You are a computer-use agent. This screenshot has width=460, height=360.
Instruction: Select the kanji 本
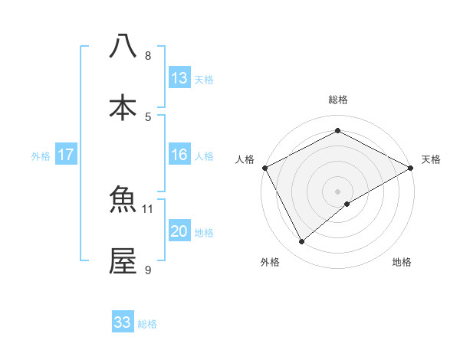click(123, 108)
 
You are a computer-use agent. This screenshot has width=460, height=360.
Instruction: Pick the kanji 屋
click(123, 261)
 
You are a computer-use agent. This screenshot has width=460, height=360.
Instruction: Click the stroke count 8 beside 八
click(148, 55)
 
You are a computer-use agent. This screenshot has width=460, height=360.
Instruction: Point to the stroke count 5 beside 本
click(148, 116)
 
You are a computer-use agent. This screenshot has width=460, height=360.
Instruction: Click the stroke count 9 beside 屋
click(148, 270)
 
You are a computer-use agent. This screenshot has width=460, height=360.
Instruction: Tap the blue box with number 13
click(179, 78)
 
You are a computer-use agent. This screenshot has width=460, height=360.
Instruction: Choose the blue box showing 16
click(179, 155)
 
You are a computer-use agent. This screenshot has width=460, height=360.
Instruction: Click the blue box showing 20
click(179, 231)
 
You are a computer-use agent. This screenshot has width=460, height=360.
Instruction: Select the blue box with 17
click(66, 155)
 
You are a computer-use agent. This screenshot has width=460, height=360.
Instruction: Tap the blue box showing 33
click(123, 322)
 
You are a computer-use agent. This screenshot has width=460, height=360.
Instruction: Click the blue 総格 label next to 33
click(147, 324)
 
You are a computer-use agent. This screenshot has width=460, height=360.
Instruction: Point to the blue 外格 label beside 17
click(41, 155)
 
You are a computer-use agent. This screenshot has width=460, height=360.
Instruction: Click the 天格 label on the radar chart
click(431, 159)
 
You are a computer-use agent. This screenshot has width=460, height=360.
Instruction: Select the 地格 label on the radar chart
click(402, 262)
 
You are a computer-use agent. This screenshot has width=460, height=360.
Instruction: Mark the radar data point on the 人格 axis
click(264, 168)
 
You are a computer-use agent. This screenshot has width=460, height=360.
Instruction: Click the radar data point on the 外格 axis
click(301, 241)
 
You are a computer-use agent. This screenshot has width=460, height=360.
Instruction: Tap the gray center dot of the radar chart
click(337, 191)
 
